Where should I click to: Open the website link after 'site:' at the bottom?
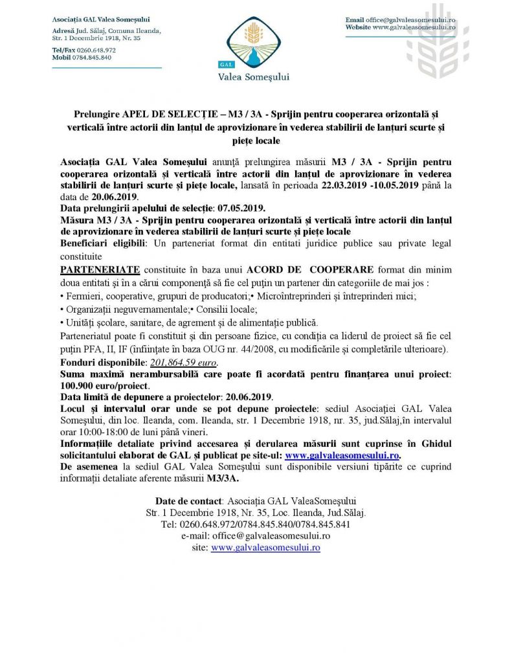coord(265,547)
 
